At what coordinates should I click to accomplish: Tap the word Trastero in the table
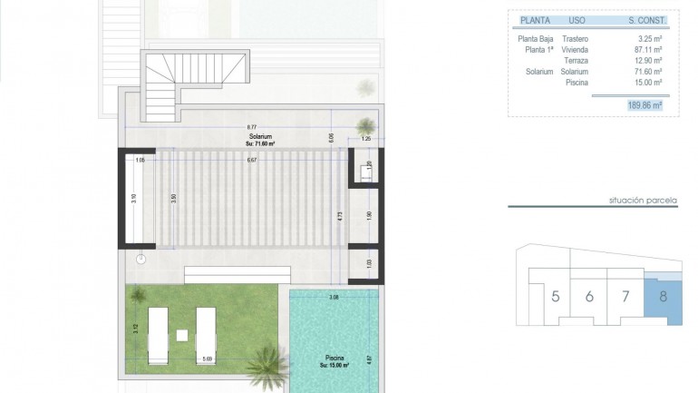pos(575,39)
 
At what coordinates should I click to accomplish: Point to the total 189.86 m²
pos(644,105)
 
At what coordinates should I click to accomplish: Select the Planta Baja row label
pos(535,39)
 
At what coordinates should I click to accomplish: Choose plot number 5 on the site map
pos(554,296)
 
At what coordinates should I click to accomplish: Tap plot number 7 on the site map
pos(625,296)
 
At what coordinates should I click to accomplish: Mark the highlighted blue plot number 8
pos(663,296)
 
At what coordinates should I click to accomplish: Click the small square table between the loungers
pos(181,335)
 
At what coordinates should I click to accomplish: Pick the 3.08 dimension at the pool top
pos(333,297)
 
